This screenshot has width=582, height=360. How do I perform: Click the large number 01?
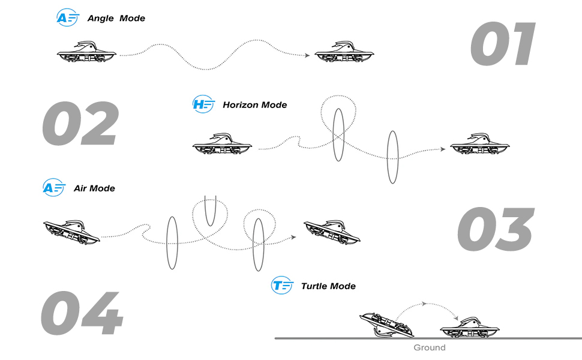503,45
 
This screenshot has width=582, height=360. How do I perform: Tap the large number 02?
80,124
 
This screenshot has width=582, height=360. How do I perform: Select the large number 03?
496,229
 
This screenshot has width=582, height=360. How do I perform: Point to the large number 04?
82,313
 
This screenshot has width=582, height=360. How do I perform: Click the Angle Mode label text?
116,18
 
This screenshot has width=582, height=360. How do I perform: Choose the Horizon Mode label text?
254,104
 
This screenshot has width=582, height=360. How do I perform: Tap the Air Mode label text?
94,188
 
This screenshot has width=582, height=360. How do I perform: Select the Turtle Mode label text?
328,286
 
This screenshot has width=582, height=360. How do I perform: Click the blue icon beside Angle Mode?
67,17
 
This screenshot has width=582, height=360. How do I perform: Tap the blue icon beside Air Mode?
53,188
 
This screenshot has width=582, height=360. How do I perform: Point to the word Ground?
430,347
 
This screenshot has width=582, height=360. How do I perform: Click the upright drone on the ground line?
470,327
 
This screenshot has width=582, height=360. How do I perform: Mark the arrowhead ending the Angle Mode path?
308,55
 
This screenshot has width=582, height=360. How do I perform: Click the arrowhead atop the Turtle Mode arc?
425,304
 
